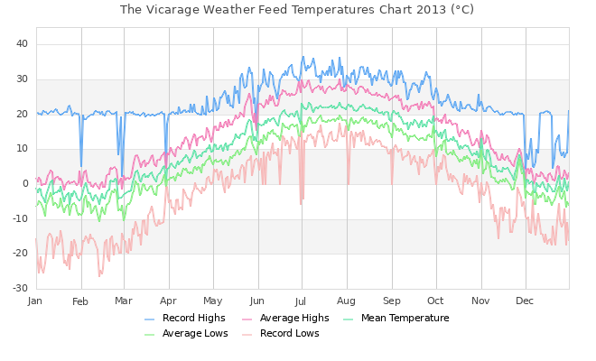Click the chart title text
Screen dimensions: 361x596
(297, 10)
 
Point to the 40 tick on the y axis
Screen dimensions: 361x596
(23, 44)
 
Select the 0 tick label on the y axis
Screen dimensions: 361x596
(26, 184)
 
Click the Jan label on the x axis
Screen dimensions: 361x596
(36, 301)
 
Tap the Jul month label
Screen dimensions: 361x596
(301, 301)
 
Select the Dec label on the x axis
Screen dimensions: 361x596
(525, 301)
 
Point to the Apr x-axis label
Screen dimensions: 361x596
(169, 301)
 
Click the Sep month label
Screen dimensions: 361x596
(392, 301)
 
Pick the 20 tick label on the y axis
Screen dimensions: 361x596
(23, 115)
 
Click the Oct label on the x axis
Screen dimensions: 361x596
(436, 301)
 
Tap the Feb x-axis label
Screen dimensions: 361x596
(81, 301)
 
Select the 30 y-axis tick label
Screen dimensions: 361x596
(23, 79)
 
